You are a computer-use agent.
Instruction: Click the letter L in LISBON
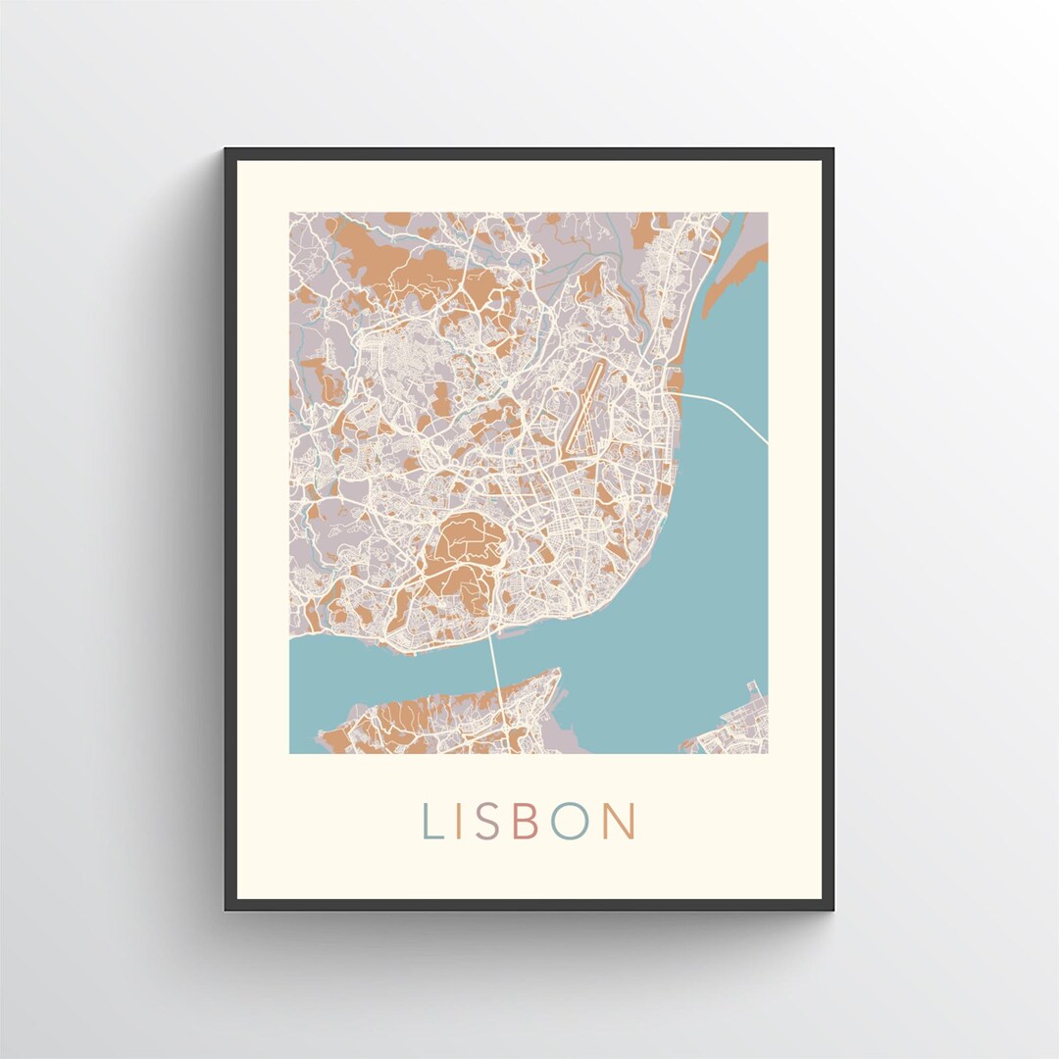click(431, 822)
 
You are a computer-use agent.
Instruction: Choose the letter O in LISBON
click(568, 822)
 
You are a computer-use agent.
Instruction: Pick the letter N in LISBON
click(618, 822)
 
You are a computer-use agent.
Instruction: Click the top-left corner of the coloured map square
click(290, 214)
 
